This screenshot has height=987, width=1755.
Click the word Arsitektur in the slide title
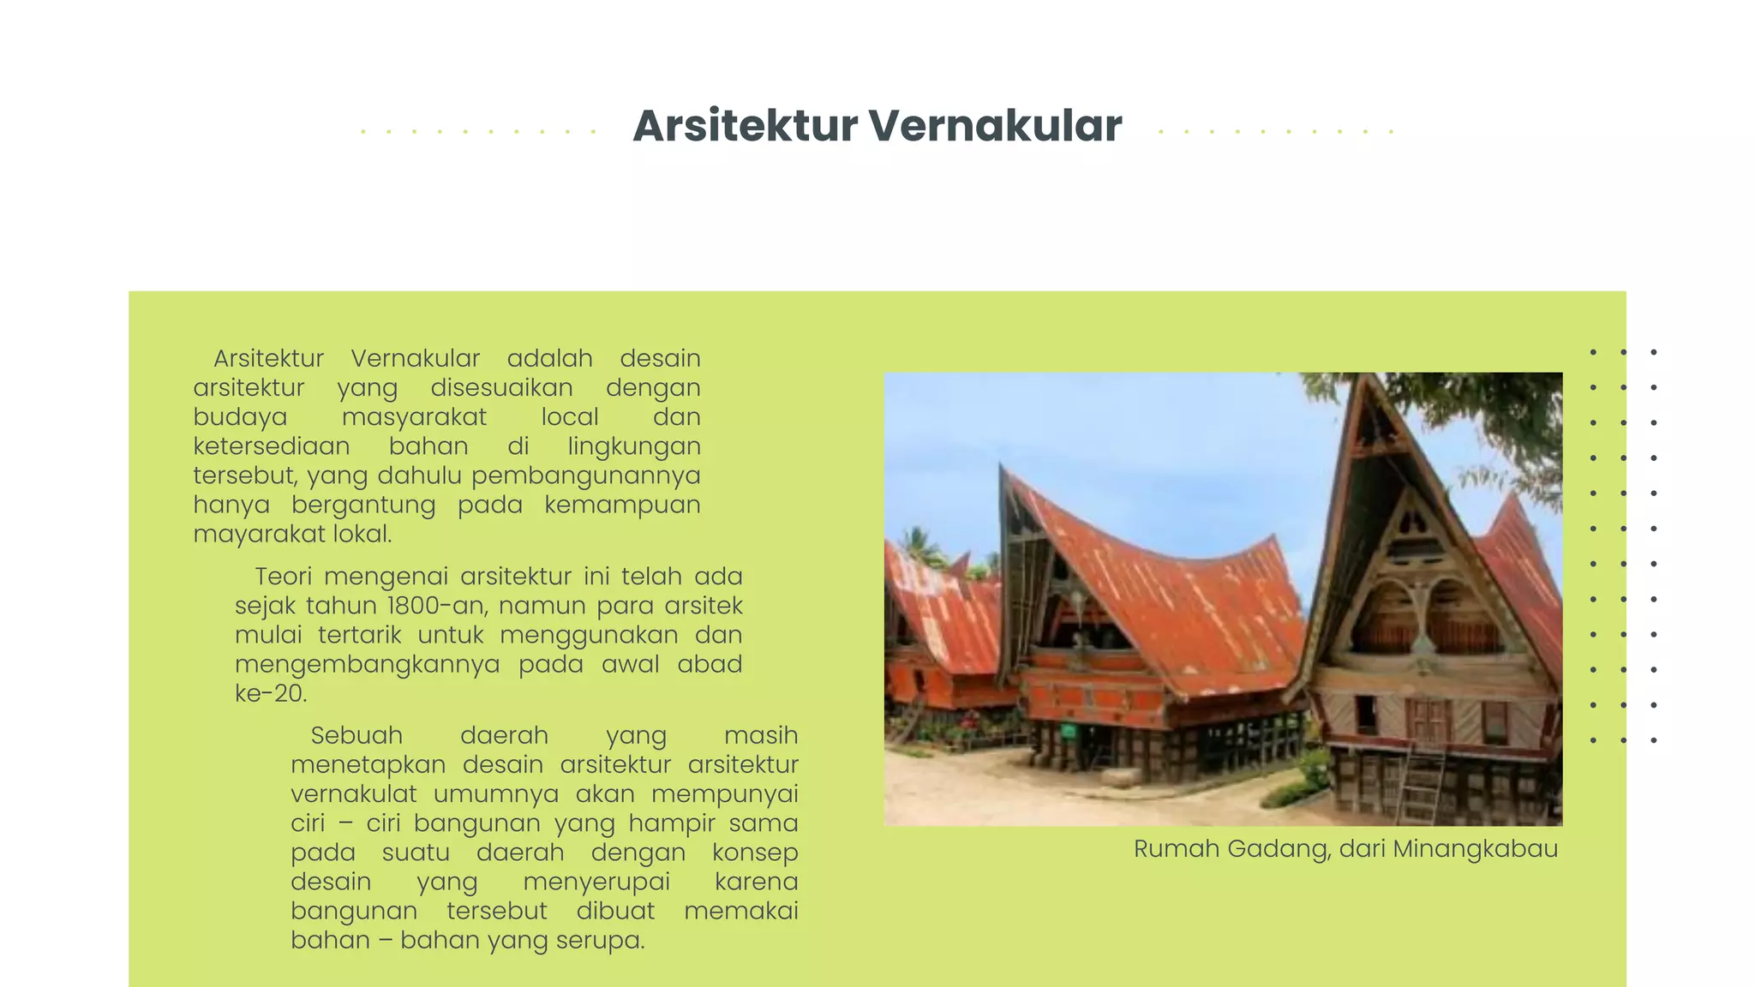(745, 126)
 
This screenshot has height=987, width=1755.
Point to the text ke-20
(270, 693)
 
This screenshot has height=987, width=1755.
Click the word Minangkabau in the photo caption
(1475, 849)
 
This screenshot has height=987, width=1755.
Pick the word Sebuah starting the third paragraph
(356, 736)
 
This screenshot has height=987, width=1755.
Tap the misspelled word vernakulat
(354, 794)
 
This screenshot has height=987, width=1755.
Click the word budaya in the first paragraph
(240, 417)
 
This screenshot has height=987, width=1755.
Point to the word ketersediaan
(271, 446)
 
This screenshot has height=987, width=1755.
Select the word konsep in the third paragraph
(754, 852)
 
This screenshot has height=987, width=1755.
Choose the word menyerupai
(596, 882)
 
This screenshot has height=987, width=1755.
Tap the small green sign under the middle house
(1068, 731)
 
